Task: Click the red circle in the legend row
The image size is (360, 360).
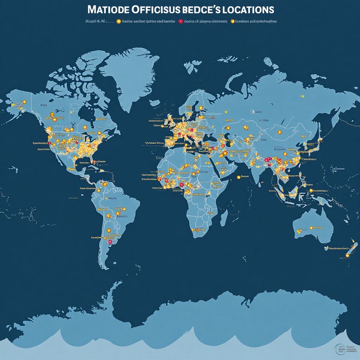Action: pos(181,21)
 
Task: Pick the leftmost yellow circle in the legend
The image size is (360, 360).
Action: pos(118,21)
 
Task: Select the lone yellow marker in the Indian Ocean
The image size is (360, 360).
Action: pos(239,177)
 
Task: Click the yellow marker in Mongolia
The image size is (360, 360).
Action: pos(280,132)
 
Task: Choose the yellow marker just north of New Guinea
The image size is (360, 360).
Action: pos(311,191)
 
